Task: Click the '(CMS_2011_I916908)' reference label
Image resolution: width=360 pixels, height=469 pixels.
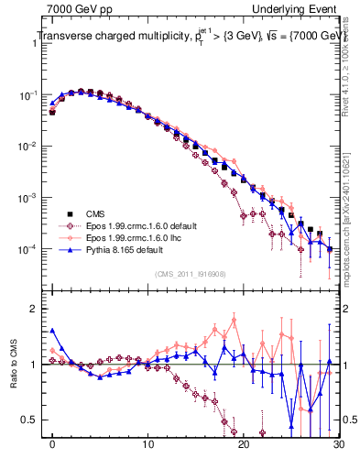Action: pos(191,274)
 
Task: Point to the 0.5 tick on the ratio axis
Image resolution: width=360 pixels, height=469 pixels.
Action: pos(32,420)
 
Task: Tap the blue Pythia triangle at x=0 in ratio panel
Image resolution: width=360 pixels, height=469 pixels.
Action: pos(53,331)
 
